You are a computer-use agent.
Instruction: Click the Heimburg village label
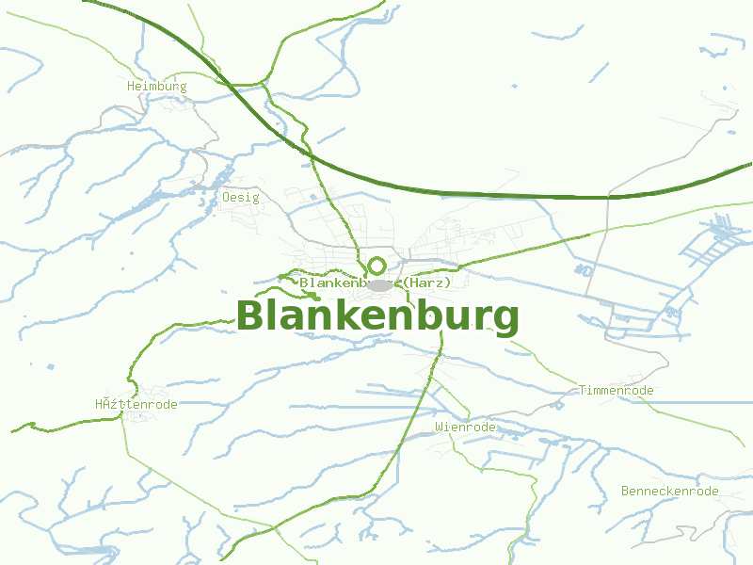[x=157, y=87]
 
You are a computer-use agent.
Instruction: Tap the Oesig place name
[x=241, y=198]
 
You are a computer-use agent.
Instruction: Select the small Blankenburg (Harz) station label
[x=376, y=282]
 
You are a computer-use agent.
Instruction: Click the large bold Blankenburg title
[x=377, y=316]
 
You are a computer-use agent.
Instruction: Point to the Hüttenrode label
[x=136, y=404]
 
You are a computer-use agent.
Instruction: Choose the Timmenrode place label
[x=616, y=390]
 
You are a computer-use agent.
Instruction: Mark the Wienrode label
[x=465, y=427]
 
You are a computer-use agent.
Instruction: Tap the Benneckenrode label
[x=669, y=492]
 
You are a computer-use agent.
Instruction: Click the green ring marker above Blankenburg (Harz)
[x=377, y=266]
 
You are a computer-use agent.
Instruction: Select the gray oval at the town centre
[x=379, y=284]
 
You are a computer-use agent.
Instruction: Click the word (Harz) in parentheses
[x=428, y=282]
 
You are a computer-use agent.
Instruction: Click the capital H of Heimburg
[x=131, y=87]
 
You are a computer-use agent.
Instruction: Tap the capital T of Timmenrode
[x=583, y=390]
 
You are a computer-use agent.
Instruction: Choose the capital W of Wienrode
[x=440, y=427]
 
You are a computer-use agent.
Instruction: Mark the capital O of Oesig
[x=227, y=198]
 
